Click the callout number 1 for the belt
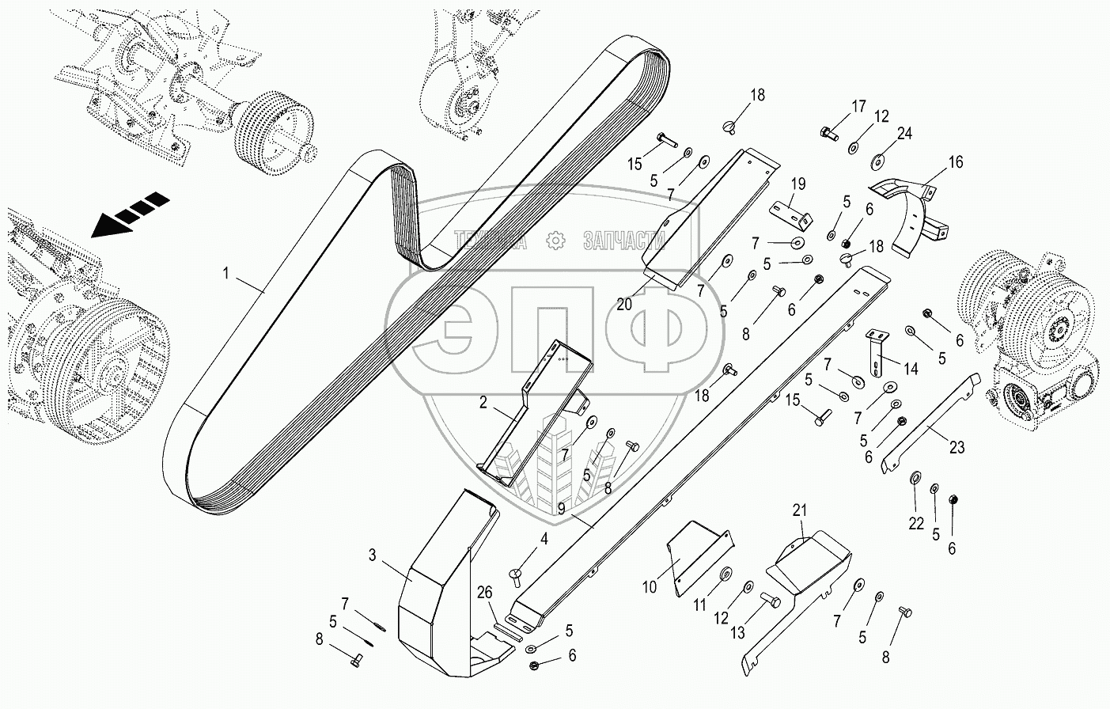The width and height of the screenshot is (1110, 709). coord(226,275)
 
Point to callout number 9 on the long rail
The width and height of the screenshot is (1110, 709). coord(560,510)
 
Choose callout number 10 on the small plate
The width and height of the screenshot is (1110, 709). coord(650,588)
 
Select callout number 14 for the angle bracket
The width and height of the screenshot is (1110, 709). coord(911,369)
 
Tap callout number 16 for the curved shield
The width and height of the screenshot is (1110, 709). coord(956,162)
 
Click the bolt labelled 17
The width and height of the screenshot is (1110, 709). coord(828,132)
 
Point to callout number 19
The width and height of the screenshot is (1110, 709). coord(798,184)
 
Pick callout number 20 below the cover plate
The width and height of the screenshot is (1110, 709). coord(624,303)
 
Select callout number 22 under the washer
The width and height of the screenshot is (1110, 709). coord(915,523)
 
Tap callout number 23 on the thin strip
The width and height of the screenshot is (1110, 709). coord(957,447)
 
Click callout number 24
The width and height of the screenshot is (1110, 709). coord(904,133)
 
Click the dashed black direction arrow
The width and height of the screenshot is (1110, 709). coord(131,214)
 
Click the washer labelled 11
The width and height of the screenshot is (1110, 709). coord(725,573)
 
